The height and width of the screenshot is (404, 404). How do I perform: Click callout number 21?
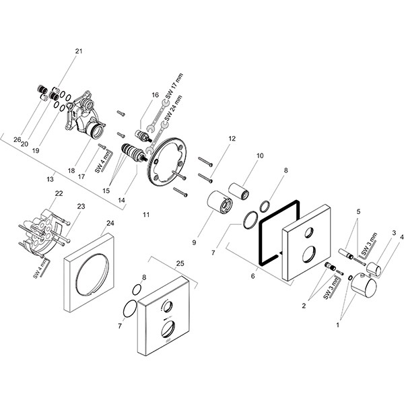(79, 51)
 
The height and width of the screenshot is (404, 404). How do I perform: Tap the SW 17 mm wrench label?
(174, 86)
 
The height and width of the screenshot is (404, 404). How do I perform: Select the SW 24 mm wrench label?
(173, 108)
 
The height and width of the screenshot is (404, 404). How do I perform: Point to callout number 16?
(155, 95)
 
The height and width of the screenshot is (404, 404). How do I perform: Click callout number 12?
(232, 139)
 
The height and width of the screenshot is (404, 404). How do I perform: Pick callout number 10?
(260, 156)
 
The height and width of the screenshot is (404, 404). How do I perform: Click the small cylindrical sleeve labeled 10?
(239, 191)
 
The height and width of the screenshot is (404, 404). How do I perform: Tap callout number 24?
(110, 223)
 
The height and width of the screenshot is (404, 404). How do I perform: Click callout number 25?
(180, 263)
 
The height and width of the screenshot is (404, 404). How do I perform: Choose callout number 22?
(59, 193)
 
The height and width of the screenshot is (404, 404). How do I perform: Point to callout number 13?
(50, 179)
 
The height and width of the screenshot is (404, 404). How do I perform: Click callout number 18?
(71, 170)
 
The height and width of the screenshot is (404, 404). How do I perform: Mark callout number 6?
(252, 276)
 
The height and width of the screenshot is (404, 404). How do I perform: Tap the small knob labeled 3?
(374, 268)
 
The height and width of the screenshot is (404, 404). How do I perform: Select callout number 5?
(358, 212)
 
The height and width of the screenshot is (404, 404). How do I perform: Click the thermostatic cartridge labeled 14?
(133, 153)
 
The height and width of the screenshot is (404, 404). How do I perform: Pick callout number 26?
(18, 139)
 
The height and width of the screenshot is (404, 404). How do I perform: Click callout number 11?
(146, 214)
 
